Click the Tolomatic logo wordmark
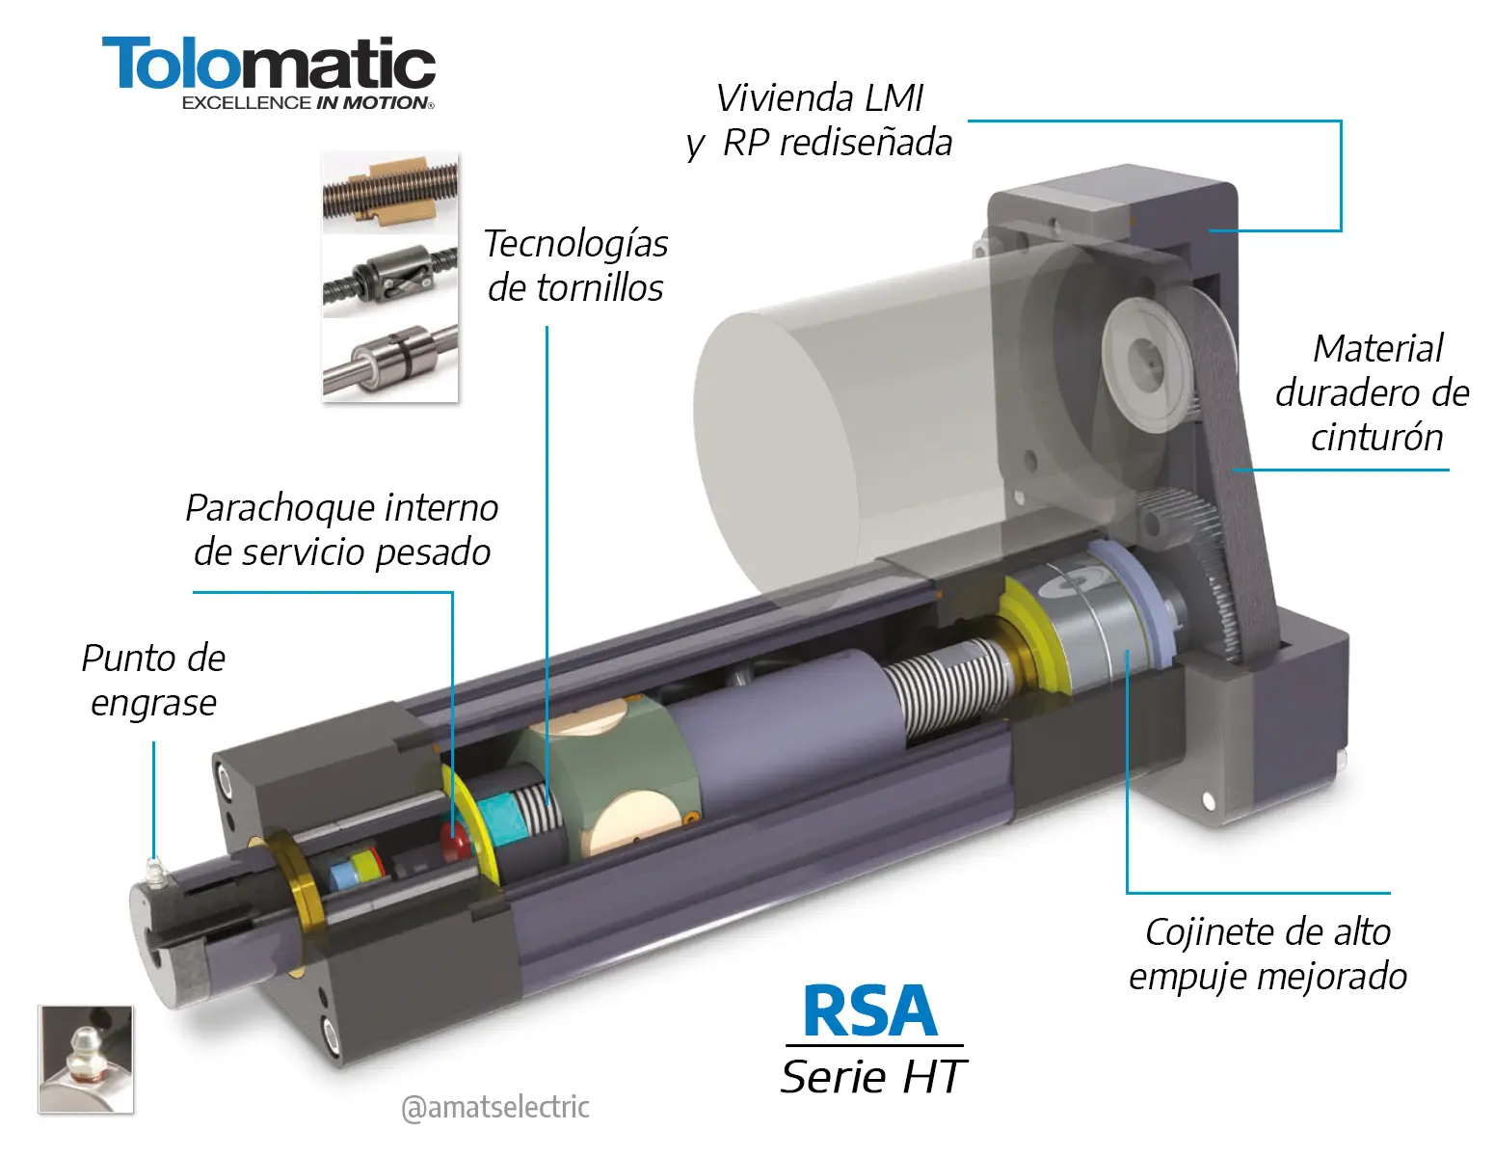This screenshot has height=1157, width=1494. pos(269,64)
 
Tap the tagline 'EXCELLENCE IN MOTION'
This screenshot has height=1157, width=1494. pos(307,103)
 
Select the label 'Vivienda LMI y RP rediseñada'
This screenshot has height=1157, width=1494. pos(819,121)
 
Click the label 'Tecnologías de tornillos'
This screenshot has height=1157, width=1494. pos(575,265)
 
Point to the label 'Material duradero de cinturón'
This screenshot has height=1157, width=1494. pos(1373,393)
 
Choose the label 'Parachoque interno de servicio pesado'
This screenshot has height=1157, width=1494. pos(342,530)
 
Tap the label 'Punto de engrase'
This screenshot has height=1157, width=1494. pos(153,680)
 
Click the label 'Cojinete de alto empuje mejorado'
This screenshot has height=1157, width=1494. pos(1267,955)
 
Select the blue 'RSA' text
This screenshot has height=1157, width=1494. pos(869,1010)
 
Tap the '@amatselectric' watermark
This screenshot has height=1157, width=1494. pos(495,1108)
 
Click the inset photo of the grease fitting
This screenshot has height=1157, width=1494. pos(86,1059)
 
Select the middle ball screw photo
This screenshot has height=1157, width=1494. pos(389,277)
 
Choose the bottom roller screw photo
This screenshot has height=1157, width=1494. pos(389,361)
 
